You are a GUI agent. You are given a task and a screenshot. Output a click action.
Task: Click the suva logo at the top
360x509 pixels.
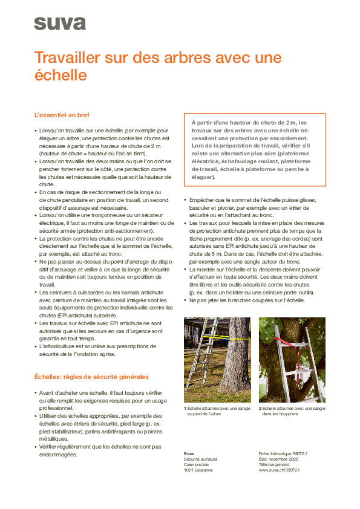[x=59, y=24]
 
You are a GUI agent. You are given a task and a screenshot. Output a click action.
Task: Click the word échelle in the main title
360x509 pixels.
[x=61, y=76]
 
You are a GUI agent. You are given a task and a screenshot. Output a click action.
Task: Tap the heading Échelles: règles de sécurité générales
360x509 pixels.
[x=91, y=377]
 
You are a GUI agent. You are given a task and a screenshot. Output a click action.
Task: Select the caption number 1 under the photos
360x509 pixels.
[x=185, y=409]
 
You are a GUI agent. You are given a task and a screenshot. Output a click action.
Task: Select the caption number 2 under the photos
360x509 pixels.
[x=260, y=409]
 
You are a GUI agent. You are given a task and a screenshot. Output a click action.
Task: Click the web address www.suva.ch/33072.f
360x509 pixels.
[x=279, y=470]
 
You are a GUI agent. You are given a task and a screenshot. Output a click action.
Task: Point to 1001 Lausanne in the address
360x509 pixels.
[x=198, y=470]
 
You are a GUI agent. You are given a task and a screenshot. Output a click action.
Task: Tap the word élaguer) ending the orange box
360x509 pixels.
[x=203, y=178]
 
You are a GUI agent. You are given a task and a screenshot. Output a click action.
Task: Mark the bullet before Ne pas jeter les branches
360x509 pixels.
[x=185, y=300]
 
